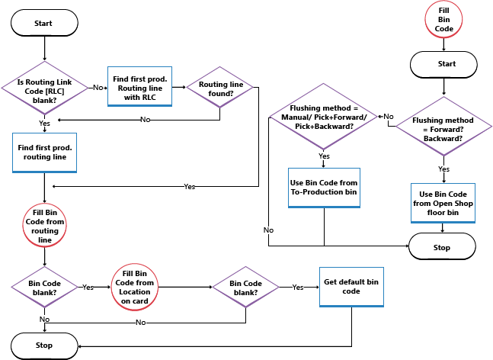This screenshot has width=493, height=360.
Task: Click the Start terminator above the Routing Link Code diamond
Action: [x=43, y=24]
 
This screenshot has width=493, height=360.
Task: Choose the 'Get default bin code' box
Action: [x=351, y=287]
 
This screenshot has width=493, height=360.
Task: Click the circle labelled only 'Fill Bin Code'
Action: [x=444, y=18]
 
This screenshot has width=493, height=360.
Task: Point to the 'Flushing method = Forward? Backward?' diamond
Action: [x=443, y=124]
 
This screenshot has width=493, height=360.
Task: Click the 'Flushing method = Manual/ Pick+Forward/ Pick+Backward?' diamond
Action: [x=324, y=119]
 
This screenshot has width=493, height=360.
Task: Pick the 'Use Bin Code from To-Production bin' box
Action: [x=324, y=188]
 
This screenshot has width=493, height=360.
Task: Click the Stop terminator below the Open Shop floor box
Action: [x=443, y=247]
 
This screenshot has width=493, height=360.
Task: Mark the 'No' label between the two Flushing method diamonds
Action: [x=388, y=117]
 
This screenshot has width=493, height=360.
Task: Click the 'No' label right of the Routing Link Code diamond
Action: [x=98, y=88]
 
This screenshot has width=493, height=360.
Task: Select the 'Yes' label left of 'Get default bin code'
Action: [x=299, y=288]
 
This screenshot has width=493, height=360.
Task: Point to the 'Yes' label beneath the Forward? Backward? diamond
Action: [x=443, y=169]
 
